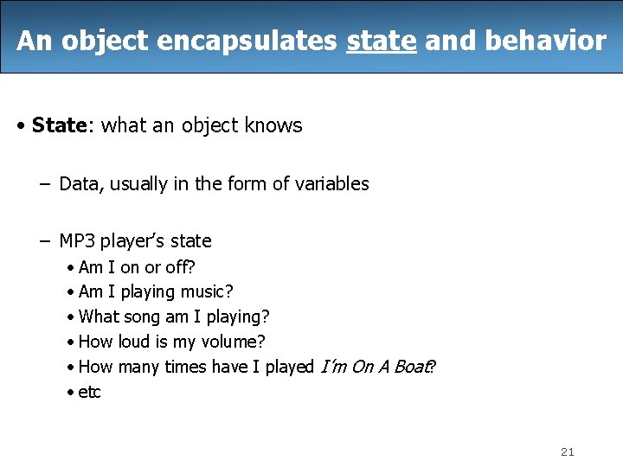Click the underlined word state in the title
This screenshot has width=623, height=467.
(381, 41)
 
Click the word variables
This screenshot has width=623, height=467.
(333, 183)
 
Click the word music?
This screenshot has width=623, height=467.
(206, 292)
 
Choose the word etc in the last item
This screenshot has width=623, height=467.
(89, 392)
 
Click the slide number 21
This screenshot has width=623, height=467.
(568, 451)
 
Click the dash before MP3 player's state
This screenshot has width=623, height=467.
(43, 240)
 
